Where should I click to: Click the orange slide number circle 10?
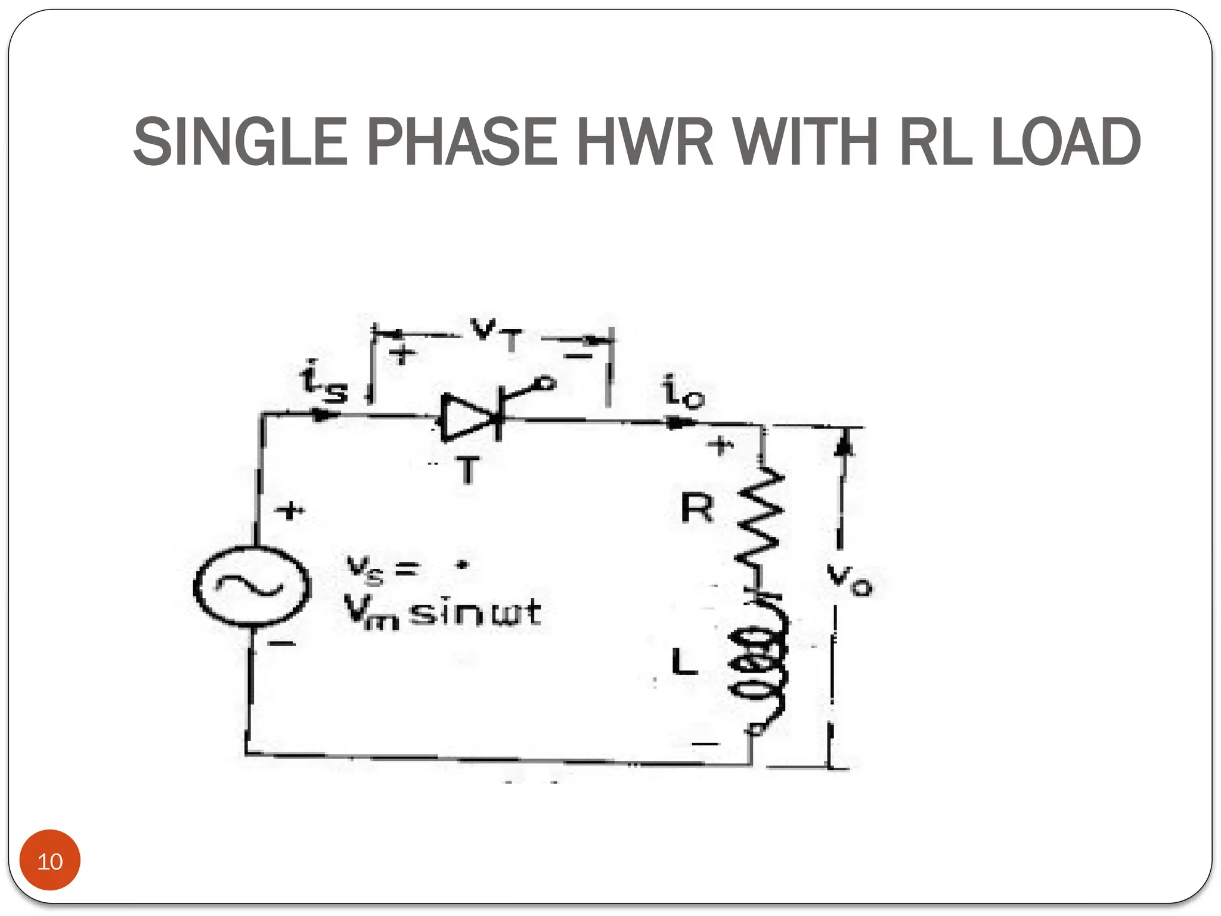[x=50, y=861]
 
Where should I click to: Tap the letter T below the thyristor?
[x=469, y=471]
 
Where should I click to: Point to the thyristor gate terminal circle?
[x=546, y=383]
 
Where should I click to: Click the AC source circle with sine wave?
[x=252, y=586]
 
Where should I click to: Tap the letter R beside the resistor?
[x=697, y=508]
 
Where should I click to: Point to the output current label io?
[x=683, y=392]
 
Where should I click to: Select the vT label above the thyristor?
[x=495, y=335]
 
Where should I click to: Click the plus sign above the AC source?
[x=290, y=510]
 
